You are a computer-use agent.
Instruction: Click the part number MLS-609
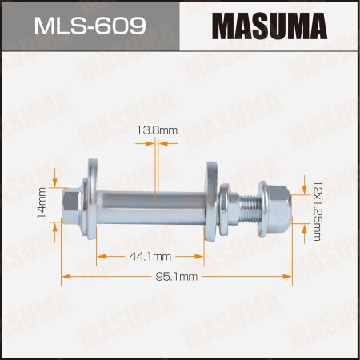[90, 26]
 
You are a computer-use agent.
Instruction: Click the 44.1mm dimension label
[150, 256]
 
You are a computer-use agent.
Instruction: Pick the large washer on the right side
[213, 204]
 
